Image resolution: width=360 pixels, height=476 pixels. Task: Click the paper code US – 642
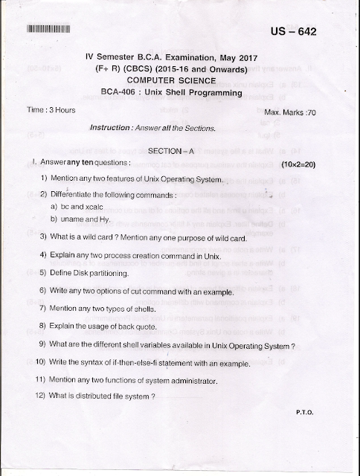pos(301,34)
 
